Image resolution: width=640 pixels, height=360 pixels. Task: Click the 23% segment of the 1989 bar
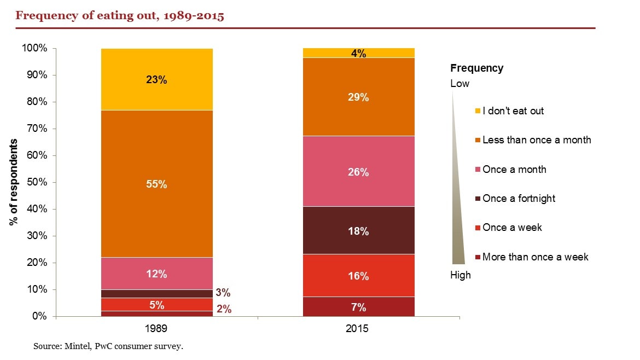156,79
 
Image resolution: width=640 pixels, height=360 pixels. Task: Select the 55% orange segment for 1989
156,184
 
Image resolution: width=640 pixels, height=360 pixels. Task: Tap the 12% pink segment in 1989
156,274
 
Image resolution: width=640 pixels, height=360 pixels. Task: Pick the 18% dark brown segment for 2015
359,230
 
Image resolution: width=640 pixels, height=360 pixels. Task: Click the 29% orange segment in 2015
359,97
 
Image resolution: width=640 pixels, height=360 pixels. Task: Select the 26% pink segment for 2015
359,172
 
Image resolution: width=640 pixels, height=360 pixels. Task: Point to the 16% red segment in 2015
359,276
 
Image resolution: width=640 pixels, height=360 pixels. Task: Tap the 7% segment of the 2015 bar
359,307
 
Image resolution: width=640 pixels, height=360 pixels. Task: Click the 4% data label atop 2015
359,53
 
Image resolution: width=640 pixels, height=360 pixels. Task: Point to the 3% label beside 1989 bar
223,293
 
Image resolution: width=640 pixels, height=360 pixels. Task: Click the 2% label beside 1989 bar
223,309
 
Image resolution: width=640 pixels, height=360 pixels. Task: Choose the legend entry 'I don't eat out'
513,111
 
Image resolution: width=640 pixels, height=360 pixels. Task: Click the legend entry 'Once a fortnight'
518,198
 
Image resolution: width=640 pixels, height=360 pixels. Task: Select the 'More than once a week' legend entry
534,257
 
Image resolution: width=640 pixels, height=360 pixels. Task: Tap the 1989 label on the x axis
156,329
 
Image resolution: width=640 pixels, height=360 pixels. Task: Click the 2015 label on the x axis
359,329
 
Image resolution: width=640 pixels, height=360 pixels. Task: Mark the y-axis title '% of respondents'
14,182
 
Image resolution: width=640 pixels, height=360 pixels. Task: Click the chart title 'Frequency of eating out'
120,15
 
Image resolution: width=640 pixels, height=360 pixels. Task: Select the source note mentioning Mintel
108,346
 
